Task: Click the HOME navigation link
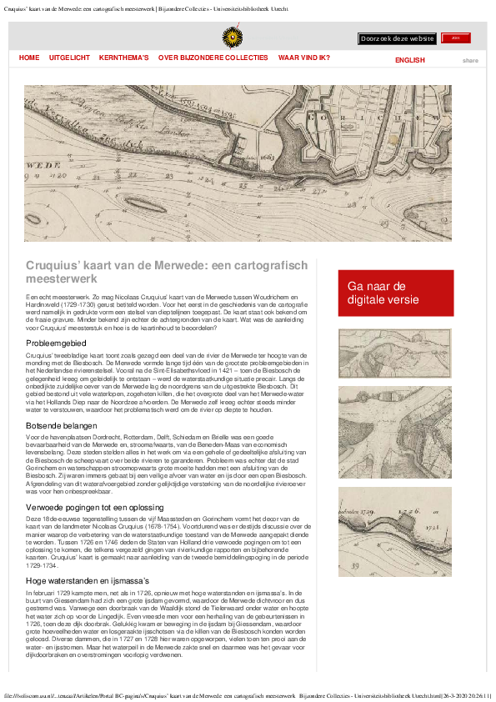click(x=29, y=58)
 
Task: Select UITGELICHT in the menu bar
click(x=69, y=58)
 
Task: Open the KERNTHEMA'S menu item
click(x=123, y=58)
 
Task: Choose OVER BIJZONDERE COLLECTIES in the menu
click(x=213, y=58)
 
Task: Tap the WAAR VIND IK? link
click(x=303, y=58)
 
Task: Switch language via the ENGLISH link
click(x=409, y=60)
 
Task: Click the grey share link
click(x=470, y=60)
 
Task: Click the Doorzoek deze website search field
click(x=397, y=38)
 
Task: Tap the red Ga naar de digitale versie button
click(x=395, y=293)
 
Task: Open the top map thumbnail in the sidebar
click(x=395, y=354)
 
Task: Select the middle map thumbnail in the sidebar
click(x=395, y=432)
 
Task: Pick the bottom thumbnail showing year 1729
click(x=395, y=519)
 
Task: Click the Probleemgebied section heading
click(x=55, y=343)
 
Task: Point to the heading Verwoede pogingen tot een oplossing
click(x=94, y=507)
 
